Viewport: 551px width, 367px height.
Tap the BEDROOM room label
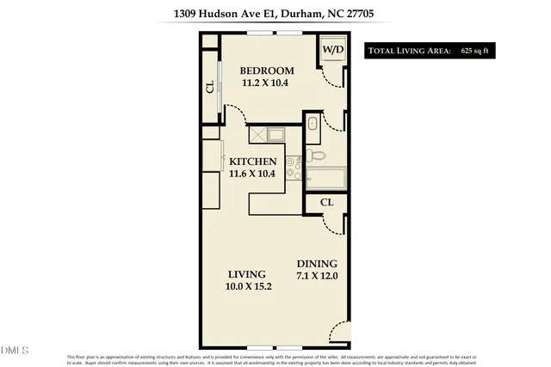(267, 70)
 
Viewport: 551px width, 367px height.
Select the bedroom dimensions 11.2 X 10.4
(267, 84)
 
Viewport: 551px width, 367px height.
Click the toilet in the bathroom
(318, 156)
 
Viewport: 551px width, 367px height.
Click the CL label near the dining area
(327, 202)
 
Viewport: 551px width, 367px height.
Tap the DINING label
(317, 264)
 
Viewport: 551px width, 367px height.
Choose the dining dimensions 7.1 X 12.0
(317, 277)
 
